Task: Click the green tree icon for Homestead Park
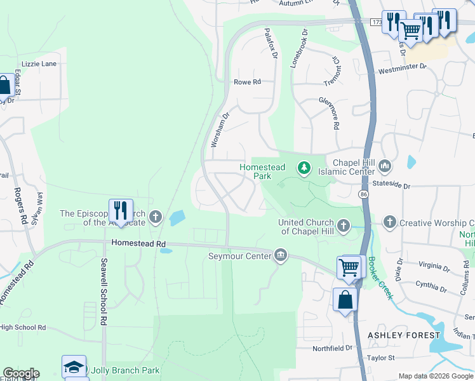pos(305,168)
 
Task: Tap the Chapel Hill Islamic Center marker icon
pos(384,166)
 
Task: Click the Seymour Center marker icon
pos(280,256)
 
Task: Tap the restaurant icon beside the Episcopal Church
pos(121,210)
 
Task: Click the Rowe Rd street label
pos(248,82)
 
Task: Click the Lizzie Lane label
pos(39,64)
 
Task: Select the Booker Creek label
pos(382,274)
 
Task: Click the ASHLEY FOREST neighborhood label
pos(404,335)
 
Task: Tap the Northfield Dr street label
pos(331,348)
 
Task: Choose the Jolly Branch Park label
pos(125,370)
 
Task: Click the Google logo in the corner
pos(21,373)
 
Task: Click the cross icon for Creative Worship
pos(389,222)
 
